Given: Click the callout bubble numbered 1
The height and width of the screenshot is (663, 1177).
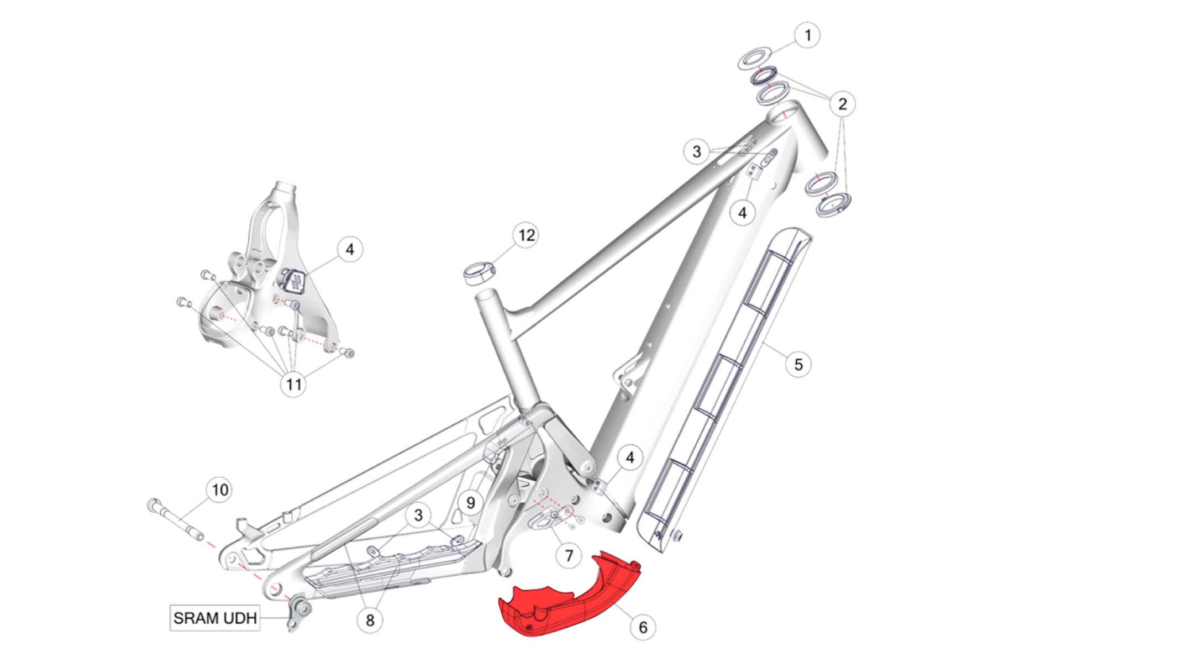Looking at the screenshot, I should point(807,35).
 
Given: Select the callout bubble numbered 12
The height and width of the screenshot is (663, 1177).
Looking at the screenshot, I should point(526,235).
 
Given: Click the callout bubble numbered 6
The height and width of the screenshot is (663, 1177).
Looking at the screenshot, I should point(643,627).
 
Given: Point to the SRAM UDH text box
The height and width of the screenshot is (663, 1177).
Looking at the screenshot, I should point(215,618).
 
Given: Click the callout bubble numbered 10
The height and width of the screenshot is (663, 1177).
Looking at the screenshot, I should point(220,490).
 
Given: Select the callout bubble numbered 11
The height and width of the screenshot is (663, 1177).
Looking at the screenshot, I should point(293,384).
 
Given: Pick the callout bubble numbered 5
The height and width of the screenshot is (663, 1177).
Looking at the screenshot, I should point(798,365).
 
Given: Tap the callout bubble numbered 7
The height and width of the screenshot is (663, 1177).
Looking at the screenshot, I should point(569,555).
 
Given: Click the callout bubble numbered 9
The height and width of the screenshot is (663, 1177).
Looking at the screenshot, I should point(470,503).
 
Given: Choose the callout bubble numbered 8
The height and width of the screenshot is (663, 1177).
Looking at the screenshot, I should point(370,620).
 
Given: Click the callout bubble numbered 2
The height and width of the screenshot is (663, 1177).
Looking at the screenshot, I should point(842,104).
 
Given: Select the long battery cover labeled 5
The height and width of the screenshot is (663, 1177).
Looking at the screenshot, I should point(724,387).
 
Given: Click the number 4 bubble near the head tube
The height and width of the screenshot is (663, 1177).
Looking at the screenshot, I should point(742,213).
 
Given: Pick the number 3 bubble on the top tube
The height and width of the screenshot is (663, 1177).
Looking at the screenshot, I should point(696,151).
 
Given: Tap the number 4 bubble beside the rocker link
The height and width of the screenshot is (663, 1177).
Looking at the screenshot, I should point(350,250).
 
